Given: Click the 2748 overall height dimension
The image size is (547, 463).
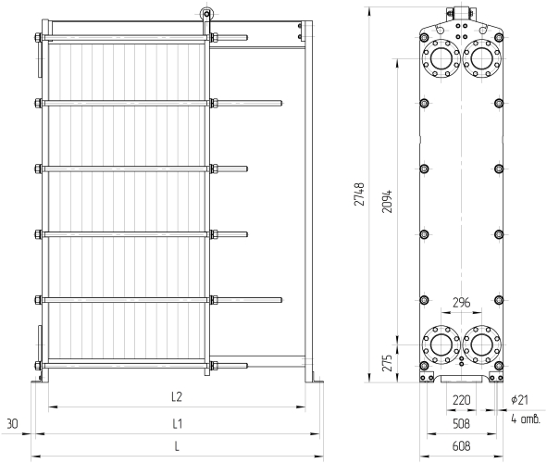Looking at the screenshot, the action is click(x=359, y=194).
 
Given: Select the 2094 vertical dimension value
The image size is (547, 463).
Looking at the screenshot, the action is click(x=387, y=201).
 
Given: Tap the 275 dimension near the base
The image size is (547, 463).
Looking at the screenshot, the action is click(x=387, y=363).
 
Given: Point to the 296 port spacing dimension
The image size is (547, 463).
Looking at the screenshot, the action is click(x=461, y=302).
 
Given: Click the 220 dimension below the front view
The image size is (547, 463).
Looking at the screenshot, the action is click(x=461, y=400).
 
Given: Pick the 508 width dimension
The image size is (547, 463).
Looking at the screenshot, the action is click(x=461, y=423).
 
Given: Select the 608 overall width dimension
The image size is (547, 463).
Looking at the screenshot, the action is click(x=461, y=446).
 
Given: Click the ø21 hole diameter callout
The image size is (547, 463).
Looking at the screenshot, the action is click(x=520, y=400).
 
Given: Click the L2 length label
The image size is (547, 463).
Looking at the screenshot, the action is click(x=177, y=396).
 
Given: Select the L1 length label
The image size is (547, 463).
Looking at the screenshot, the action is click(x=177, y=423).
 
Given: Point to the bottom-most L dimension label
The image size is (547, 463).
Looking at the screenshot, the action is click(x=177, y=446).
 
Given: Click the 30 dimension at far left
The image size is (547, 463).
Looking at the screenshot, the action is click(x=13, y=423).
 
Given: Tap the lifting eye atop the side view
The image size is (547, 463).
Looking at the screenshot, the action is click(x=205, y=14).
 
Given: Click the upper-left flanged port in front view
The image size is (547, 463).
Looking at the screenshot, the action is click(x=441, y=58).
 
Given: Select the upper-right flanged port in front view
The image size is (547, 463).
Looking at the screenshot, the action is click(x=482, y=58).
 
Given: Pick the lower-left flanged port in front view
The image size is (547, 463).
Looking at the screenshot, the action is click(x=441, y=344).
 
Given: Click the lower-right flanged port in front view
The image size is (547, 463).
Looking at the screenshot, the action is click(x=482, y=344).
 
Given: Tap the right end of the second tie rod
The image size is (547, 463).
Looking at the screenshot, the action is click(x=281, y=104).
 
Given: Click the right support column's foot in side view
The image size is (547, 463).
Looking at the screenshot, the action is click(x=315, y=382).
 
